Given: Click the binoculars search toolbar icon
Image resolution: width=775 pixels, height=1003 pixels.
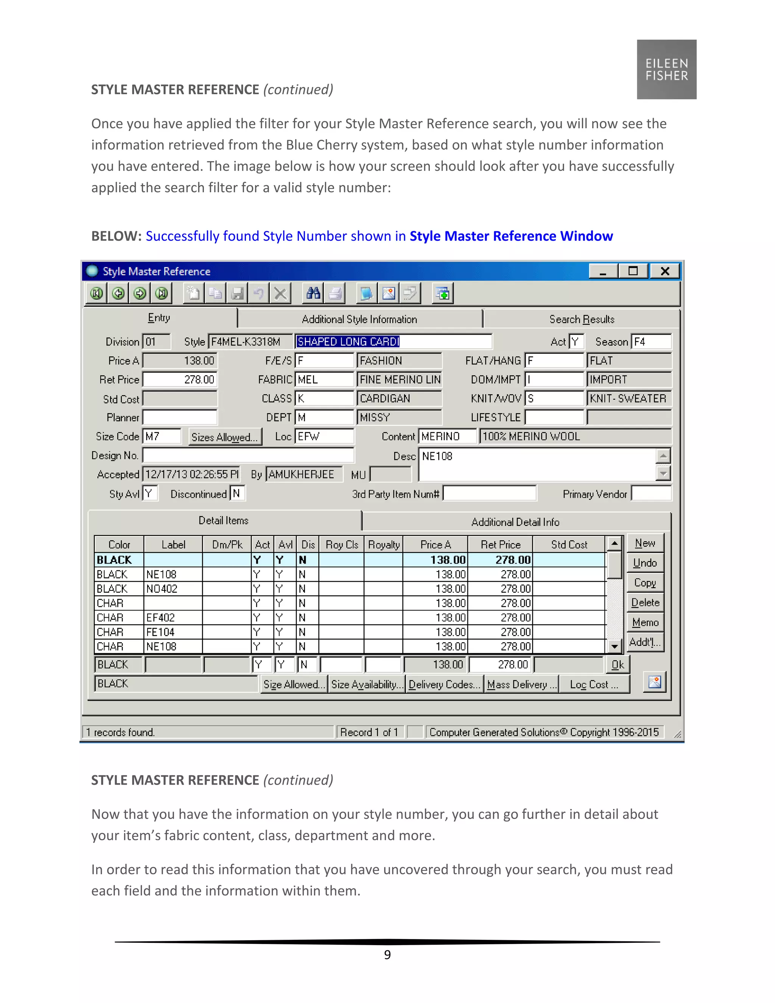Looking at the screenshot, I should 314,293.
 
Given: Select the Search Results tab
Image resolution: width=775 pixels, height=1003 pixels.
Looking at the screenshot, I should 581,319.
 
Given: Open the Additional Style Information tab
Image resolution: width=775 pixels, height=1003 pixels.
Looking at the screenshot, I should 359,319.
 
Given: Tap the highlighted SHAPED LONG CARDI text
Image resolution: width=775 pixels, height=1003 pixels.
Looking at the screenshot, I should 348,342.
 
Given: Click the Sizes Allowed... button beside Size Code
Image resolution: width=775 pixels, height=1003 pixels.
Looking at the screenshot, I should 224,437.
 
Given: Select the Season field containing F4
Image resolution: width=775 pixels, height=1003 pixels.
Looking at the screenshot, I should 651,342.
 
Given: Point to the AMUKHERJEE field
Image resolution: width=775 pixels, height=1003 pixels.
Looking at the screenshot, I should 303,474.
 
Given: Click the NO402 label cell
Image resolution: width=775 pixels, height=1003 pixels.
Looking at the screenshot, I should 173,589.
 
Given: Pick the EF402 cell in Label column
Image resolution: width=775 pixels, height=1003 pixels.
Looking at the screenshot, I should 173,618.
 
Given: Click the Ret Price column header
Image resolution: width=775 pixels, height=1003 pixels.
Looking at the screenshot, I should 500,545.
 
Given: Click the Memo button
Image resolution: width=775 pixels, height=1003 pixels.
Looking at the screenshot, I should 645,622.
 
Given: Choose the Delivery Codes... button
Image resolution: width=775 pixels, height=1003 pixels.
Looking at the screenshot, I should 444,684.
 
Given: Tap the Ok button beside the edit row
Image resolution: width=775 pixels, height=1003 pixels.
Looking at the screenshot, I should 618,665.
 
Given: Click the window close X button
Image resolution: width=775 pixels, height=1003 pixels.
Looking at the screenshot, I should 665,271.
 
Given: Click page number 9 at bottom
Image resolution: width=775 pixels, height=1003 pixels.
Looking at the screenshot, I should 387,955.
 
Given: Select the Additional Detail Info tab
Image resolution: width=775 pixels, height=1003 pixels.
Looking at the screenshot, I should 515,522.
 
